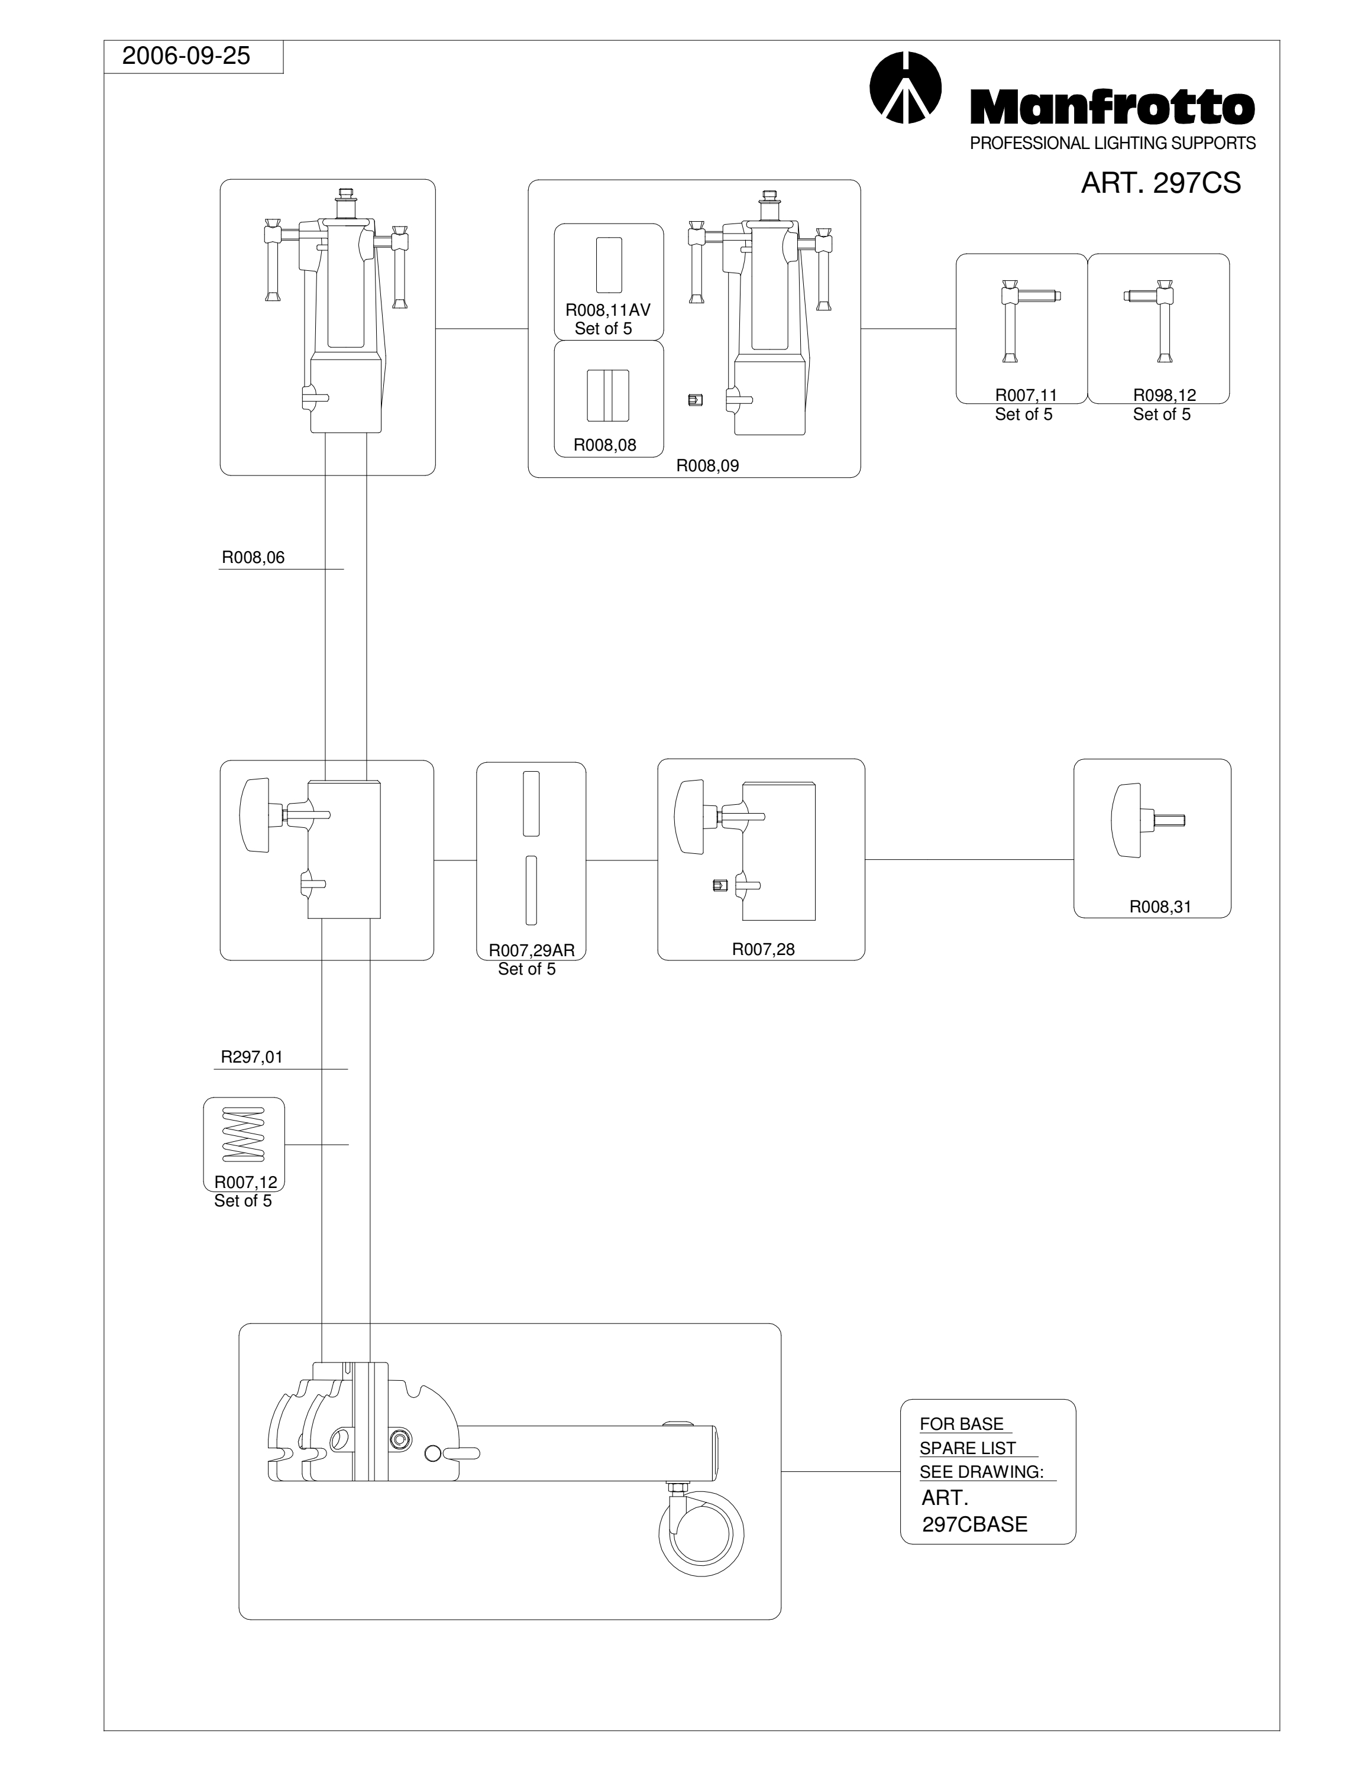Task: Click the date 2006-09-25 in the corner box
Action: (x=186, y=56)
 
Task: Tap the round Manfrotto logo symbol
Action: (x=905, y=88)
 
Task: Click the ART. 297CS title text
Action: (x=1160, y=183)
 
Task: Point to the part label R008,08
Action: (x=605, y=445)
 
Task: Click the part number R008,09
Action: (x=707, y=466)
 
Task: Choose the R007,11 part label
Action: (x=1026, y=396)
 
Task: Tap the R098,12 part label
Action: (x=1165, y=396)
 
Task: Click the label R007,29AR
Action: (x=531, y=950)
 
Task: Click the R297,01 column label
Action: (x=252, y=1057)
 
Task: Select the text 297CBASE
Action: (x=975, y=1524)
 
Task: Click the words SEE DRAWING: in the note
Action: (x=981, y=1472)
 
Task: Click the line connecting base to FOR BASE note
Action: (x=840, y=1471)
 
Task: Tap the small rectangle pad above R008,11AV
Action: (x=609, y=265)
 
